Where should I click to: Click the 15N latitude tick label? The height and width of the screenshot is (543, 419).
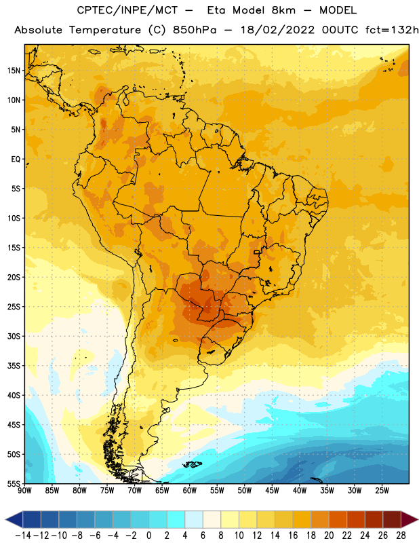pos(14,71)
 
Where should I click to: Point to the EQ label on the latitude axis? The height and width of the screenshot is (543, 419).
pos(16,160)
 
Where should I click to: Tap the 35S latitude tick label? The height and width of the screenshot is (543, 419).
pos(14,366)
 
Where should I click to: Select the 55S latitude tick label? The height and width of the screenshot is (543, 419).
pos(14,484)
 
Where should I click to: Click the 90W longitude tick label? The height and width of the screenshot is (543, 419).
pos(24,491)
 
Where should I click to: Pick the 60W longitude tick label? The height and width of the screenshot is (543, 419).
pos(190,491)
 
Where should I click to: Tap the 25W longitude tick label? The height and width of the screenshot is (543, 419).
pos(382,491)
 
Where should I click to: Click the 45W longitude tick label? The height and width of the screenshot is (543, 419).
pos(272,491)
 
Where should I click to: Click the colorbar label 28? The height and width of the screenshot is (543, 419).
pos(401,536)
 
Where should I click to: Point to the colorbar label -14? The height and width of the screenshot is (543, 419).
pos(23,536)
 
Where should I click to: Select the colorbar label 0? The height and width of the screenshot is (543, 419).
pos(148,536)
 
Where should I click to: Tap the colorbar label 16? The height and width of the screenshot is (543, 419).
pos(293,536)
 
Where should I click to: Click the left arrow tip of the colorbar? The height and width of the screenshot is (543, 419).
pos(5,519)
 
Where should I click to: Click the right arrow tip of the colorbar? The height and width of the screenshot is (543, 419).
pos(418,519)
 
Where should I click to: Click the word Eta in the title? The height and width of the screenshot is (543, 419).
pos(216,10)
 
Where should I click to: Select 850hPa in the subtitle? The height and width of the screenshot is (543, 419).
pos(195,30)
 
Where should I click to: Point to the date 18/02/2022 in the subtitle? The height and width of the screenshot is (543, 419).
pos(278,30)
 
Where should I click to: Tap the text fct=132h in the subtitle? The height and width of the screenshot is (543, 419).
pos(392,30)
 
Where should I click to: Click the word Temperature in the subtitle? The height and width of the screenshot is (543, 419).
pos(105,31)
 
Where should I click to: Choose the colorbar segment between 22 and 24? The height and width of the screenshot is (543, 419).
pos(356,519)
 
